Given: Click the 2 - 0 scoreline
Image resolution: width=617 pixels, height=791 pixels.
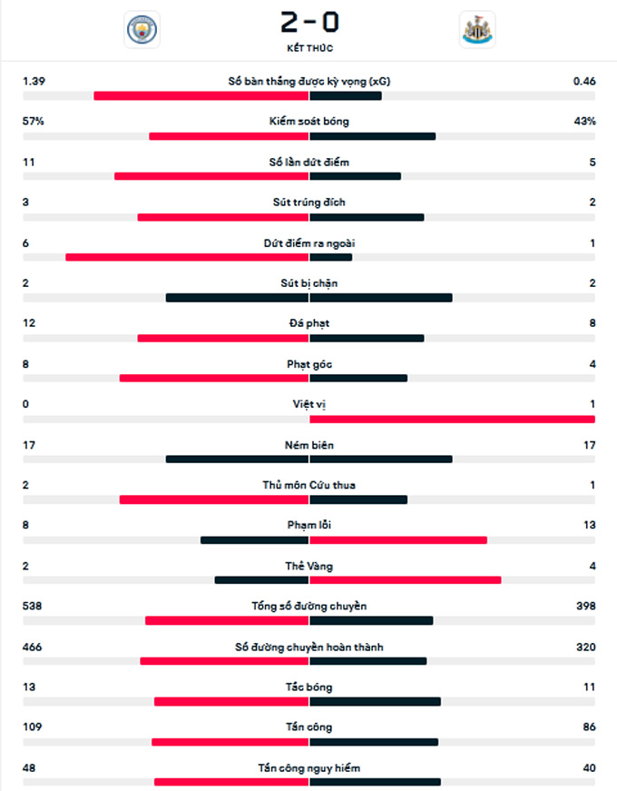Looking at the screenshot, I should pyautogui.click(x=309, y=19).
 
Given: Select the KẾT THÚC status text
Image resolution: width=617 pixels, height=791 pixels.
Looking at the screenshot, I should pyautogui.click(x=309, y=48).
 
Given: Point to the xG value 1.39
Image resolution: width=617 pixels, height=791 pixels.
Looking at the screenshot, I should pyautogui.click(x=34, y=81).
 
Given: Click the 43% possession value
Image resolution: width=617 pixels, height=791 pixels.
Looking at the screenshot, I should pyautogui.click(x=585, y=121).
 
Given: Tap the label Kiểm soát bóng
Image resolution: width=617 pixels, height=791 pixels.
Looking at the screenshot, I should pyautogui.click(x=309, y=121).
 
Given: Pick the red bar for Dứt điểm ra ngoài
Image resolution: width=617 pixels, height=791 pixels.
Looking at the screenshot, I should pyautogui.click(x=187, y=257).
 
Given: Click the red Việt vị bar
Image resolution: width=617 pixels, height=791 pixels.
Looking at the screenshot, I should pyautogui.click(x=452, y=419).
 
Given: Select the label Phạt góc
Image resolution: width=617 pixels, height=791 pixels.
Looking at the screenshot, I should pyautogui.click(x=309, y=363).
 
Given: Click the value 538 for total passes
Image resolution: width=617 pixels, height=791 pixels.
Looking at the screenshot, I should pyautogui.click(x=33, y=606).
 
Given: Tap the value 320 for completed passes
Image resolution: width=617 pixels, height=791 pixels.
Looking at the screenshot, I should pyautogui.click(x=585, y=647).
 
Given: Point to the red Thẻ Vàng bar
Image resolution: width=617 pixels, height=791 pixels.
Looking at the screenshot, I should pyautogui.click(x=405, y=580).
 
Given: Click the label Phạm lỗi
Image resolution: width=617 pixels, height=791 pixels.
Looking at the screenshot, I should pyautogui.click(x=309, y=525).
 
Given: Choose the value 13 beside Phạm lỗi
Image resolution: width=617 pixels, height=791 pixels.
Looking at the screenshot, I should pyautogui.click(x=589, y=525).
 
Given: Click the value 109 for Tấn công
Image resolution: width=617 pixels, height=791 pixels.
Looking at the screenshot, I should pyautogui.click(x=33, y=727).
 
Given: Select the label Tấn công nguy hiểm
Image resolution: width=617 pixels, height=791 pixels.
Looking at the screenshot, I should pyautogui.click(x=309, y=767).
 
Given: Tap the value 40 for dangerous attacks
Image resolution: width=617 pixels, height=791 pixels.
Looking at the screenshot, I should pyautogui.click(x=589, y=767).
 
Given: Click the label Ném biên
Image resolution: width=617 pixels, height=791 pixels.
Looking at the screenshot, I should pyautogui.click(x=309, y=444).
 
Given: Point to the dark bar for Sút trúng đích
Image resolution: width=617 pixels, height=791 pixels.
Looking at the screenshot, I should pyautogui.click(x=367, y=217).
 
